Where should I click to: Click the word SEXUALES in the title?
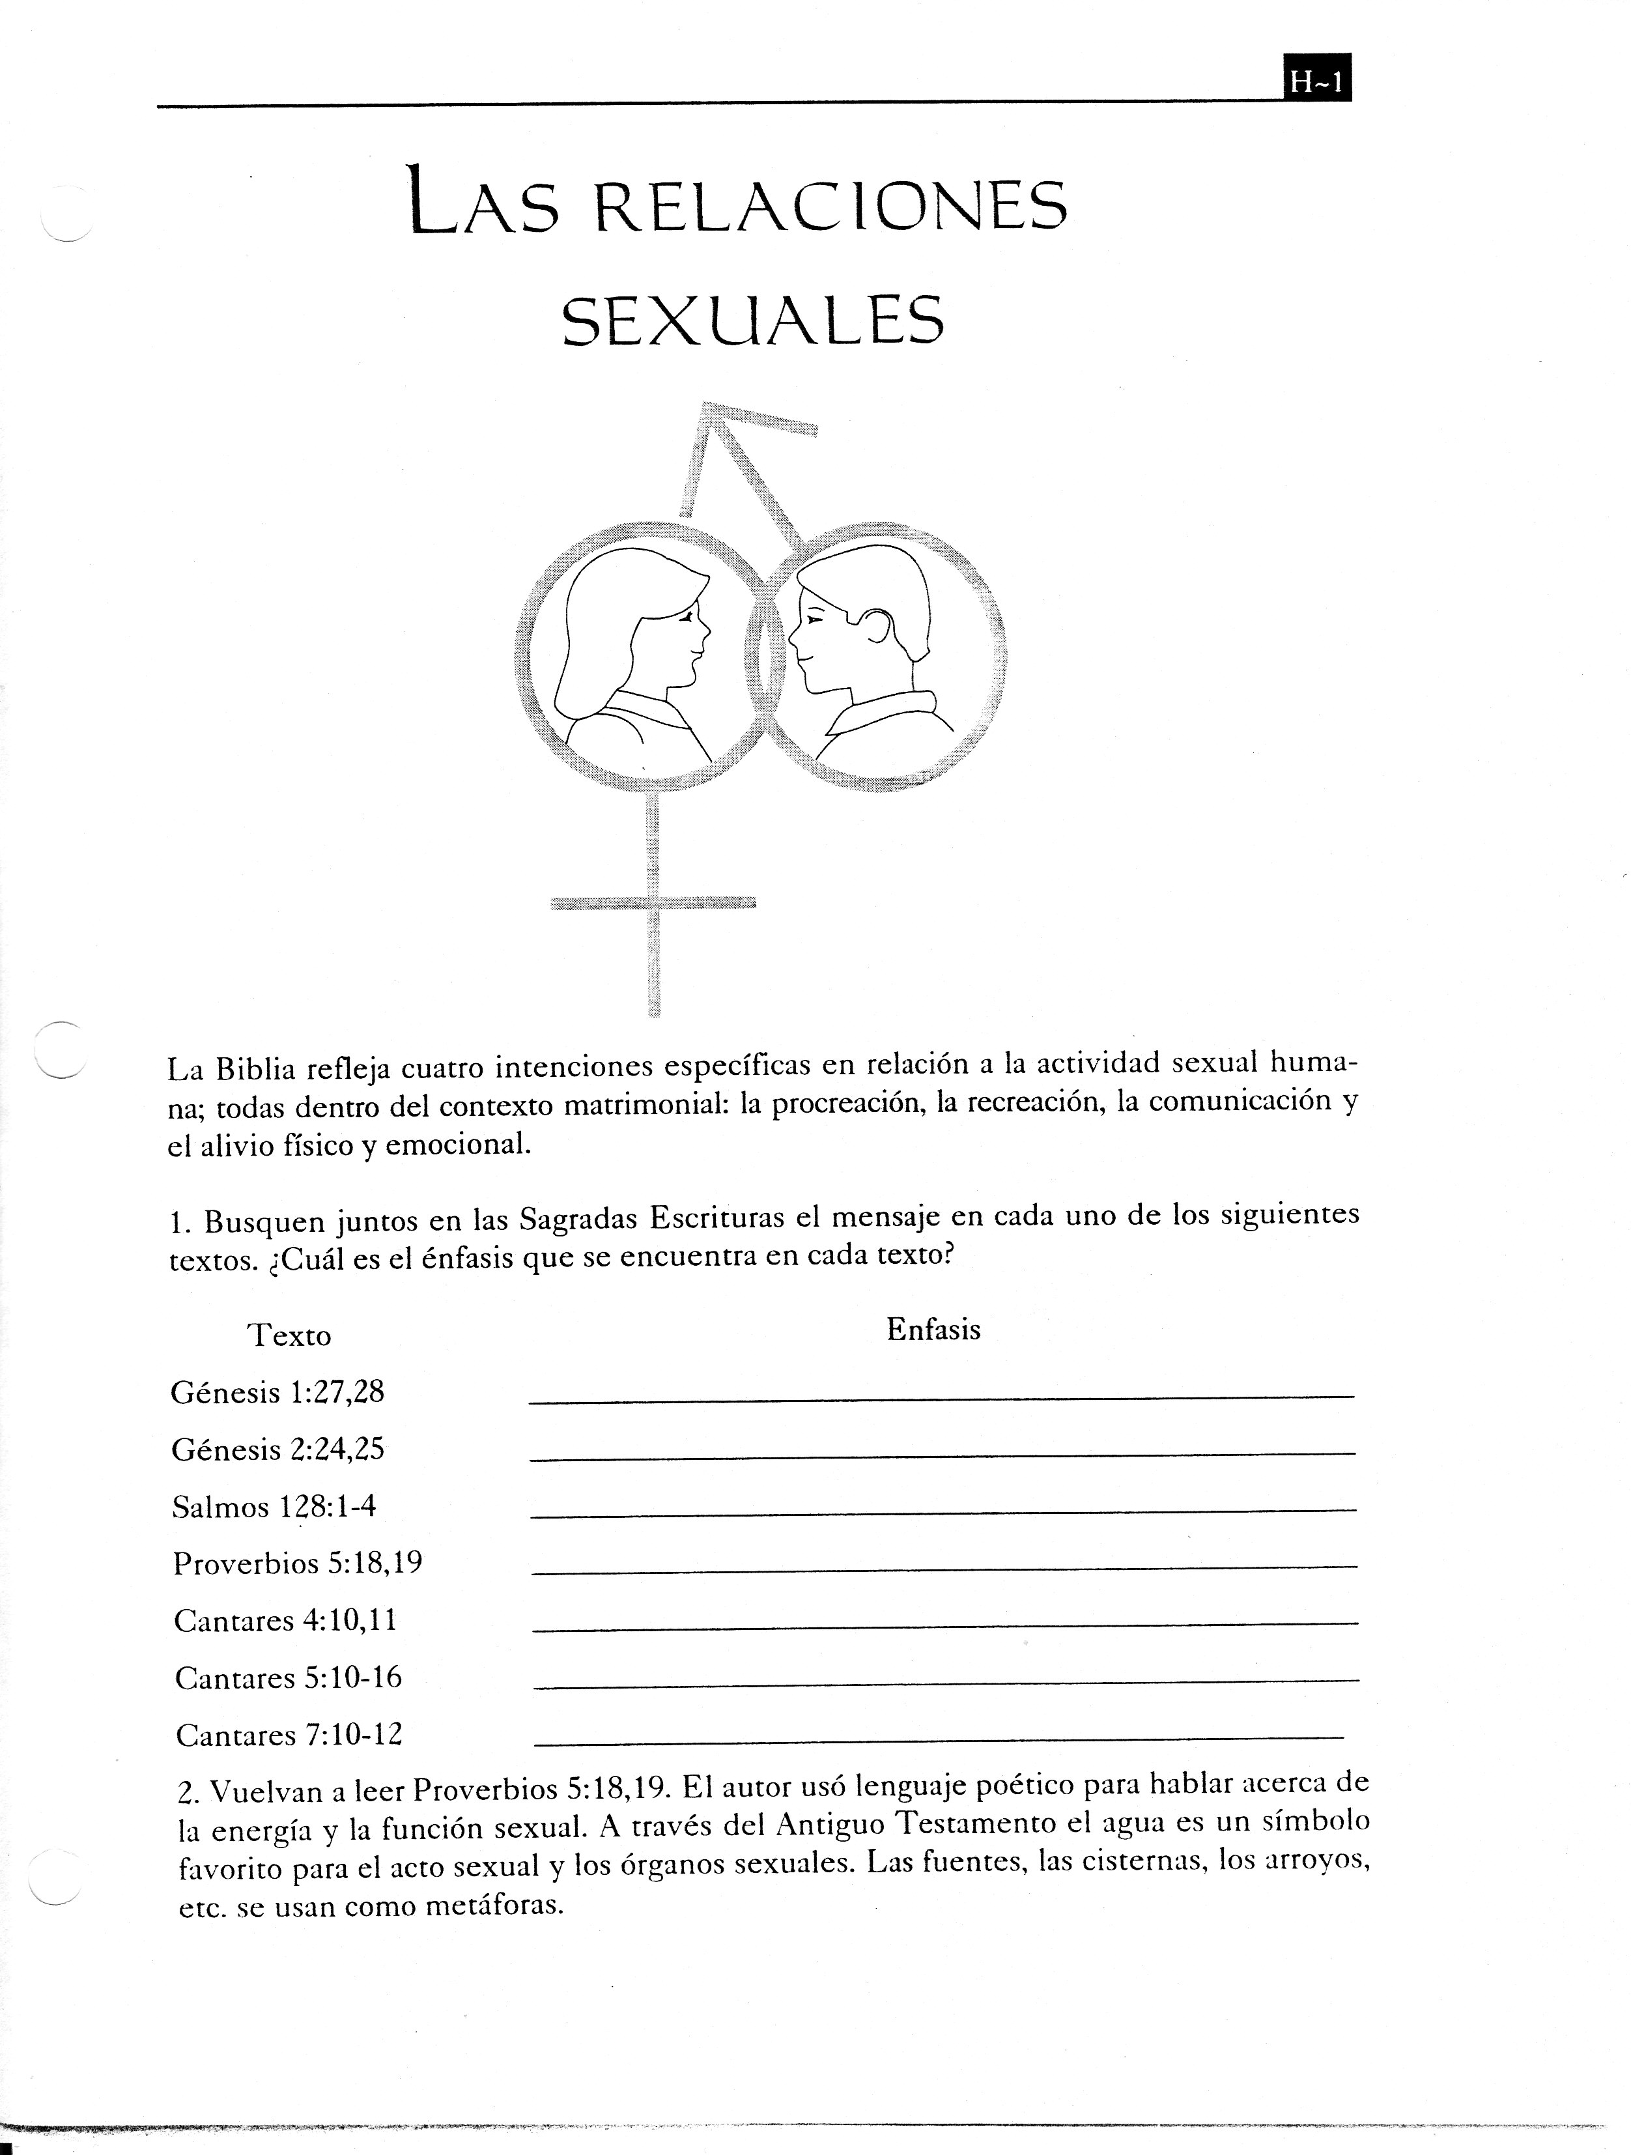(753, 322)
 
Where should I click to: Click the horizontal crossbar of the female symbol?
(653, 903)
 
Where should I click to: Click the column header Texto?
(289, 1335)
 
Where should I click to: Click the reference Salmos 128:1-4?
(274, 1507)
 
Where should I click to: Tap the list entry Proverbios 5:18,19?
(297, 1563)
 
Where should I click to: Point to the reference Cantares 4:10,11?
(285, 1621)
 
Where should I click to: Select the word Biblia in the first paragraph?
(255, 1069)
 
